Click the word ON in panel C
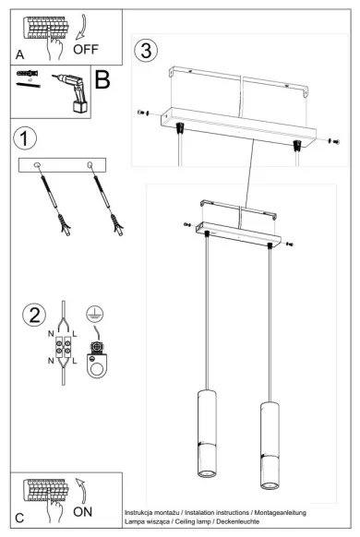point(83,509)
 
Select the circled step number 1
point(26,138)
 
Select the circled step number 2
point(34,314)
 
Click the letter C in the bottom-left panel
point(20,517)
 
